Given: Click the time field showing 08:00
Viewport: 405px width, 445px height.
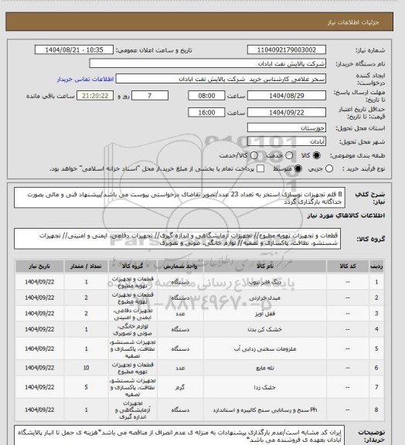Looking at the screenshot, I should [x=206, y=96].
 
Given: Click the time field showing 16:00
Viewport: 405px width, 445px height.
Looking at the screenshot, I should [x=206, y=112].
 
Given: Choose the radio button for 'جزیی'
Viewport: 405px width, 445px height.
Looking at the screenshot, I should [x=332, y=168].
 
